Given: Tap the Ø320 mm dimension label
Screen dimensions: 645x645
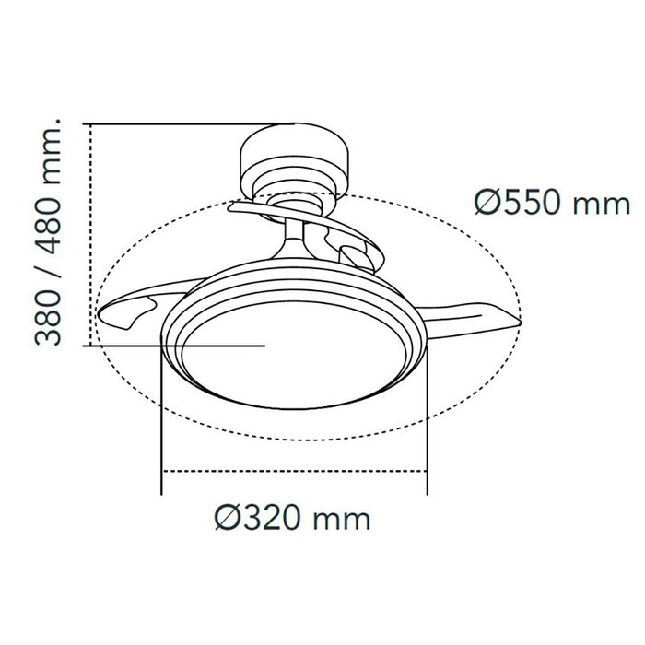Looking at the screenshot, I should (x=291, y=519).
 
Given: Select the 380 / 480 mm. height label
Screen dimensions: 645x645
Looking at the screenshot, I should (x=51, y=231).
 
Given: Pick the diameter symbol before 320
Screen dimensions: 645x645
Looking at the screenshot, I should (x=227, y=519).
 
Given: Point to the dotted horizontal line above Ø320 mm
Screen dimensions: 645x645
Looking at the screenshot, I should (x=295, y=471).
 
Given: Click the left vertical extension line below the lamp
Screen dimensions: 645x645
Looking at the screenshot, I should (x=162, y=424).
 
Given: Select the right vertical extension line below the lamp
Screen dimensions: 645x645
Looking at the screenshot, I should (x=428, y=424).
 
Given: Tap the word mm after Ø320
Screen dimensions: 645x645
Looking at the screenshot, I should (x=342, y=521).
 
